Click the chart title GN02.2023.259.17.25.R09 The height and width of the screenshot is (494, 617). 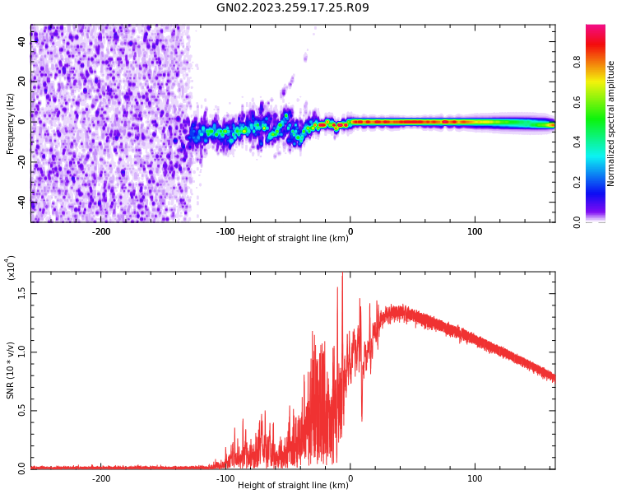point(292,8)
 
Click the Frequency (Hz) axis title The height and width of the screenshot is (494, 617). point(11,123)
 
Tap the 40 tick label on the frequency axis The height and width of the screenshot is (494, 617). point(22,40)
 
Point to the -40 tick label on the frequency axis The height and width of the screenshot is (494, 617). point(21,203)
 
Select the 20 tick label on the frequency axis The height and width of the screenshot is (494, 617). point(22,81)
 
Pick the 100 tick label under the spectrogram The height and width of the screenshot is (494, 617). point(475,231)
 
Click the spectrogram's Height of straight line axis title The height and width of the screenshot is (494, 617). point(293,239)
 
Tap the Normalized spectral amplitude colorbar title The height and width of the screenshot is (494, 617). point(611,123)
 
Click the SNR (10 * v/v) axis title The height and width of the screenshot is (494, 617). point(11,370)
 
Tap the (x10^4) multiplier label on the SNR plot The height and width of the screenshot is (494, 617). point(11,268)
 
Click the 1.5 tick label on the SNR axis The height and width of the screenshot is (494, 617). point(21,291)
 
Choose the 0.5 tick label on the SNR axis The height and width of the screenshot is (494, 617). point(21,410)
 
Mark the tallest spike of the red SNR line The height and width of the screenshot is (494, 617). point(342,274)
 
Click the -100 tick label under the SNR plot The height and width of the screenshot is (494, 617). point(225,478)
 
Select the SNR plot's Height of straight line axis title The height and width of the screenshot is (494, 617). point(293,486)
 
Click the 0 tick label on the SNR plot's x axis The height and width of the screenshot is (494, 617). point(350,478)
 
